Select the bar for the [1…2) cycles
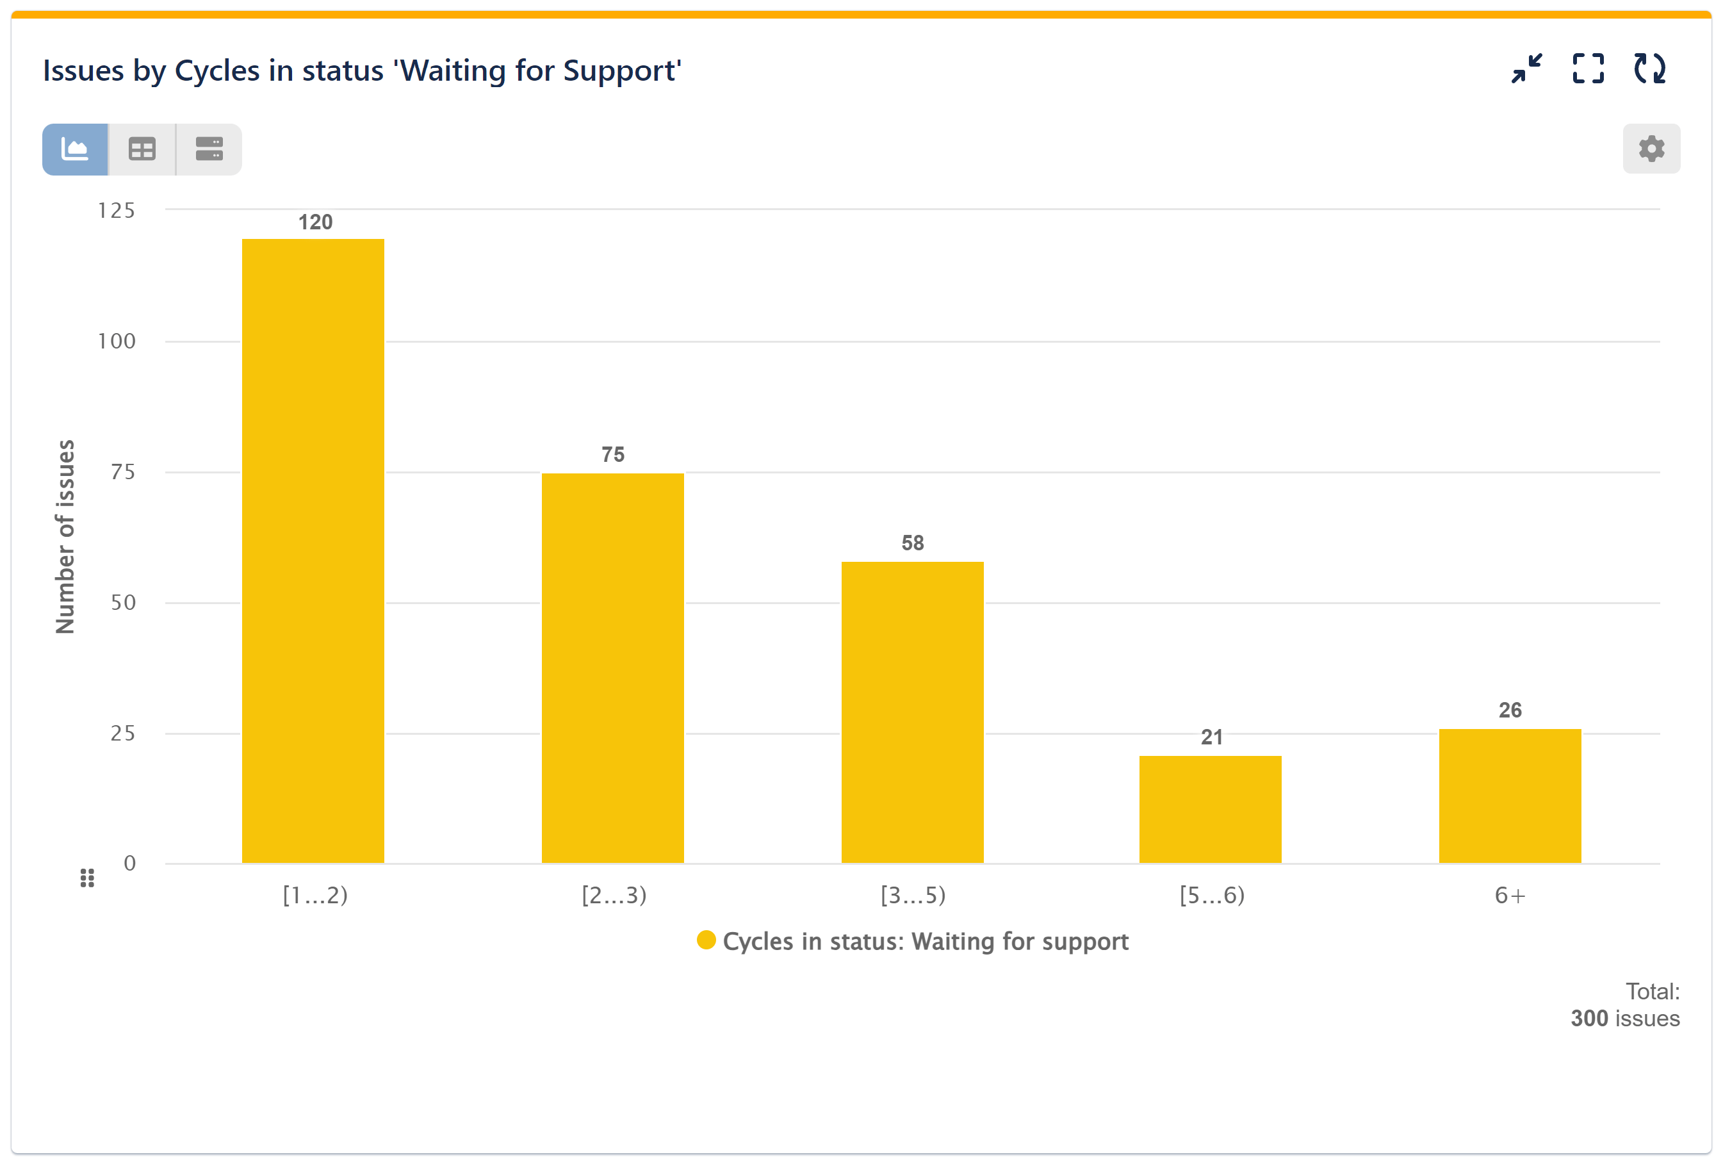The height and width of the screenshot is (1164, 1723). (313, 550)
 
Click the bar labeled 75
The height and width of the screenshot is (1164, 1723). (612, 668)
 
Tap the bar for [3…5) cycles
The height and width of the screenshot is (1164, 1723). (912, 712)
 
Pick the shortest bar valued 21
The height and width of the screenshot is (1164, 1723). (1210, 809)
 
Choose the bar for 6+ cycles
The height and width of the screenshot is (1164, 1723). (1510, 796)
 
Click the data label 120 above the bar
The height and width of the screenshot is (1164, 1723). (315, 222)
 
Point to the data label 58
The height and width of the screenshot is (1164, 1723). (912, 543)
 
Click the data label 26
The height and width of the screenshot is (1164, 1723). (1510, 710)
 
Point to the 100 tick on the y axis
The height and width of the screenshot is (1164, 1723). (117, 341)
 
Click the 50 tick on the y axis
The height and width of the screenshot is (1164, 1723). (123, 602)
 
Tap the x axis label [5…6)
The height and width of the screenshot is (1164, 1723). (1211, 895)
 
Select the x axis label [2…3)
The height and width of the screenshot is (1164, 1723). (614, 895)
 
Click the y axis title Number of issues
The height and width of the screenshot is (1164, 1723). (65, 536)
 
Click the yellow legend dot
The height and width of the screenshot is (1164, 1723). (706, 940)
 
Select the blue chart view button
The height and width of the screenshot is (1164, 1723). (75, 149)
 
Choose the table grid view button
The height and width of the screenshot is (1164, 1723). (142, 149)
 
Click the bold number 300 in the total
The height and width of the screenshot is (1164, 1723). (1588, 1018)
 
